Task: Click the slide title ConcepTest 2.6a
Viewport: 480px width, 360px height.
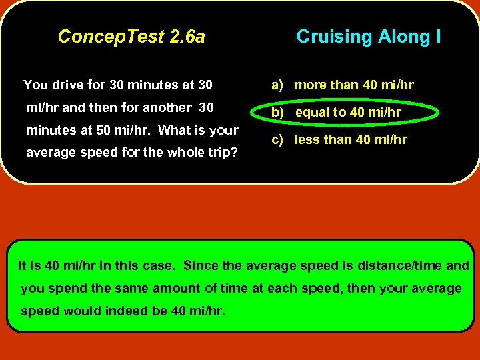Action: (131, 37)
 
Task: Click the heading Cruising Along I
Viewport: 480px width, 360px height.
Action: (368, 37)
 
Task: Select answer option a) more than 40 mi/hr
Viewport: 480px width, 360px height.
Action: (342, 85)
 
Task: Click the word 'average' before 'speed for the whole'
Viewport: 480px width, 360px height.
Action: (49, 153)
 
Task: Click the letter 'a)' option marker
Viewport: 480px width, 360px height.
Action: (277, 85)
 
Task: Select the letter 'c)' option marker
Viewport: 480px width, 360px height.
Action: (277, 140)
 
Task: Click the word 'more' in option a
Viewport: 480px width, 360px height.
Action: (310, 85)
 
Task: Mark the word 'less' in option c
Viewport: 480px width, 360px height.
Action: (307, 140)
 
